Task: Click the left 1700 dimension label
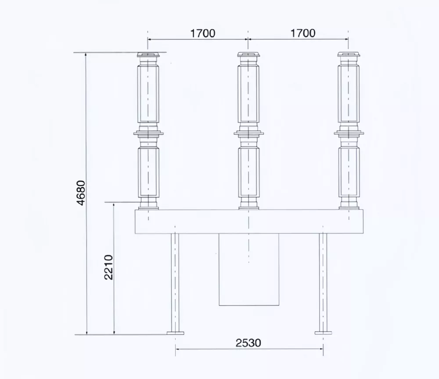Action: pos(202,33)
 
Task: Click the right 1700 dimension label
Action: pos(303,33)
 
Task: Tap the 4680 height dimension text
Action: pos(81,193)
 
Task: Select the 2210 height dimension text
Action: pos(108,267)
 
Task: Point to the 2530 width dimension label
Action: pos(248,343)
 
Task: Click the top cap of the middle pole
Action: pos(248,55)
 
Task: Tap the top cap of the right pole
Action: pos(349,55)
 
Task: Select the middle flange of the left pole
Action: pos(148,133)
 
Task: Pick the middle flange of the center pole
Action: pos(248,133)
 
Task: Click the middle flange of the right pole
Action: pos(349,133)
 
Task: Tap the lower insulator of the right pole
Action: pos(349,172)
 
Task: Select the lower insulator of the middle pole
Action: pos(248,172)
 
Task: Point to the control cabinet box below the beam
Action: pos(249,281)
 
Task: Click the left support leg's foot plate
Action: pos(175,333)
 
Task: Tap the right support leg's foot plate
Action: pos(323,333)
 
